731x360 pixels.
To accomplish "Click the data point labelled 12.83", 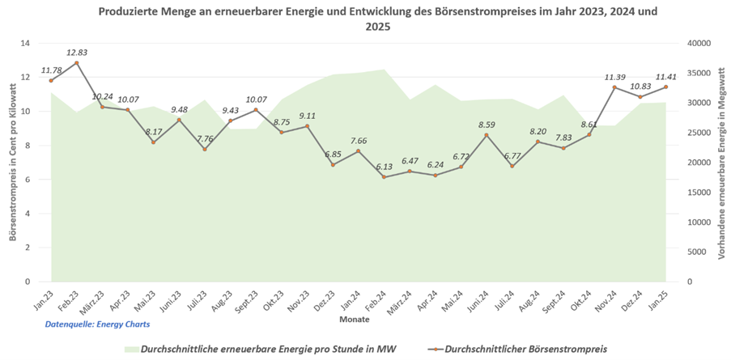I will (x=76, y=62).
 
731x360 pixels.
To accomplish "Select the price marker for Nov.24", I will (x=614, y=87).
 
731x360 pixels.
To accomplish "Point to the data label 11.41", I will (x=666, y=77).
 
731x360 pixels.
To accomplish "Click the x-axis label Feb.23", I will (x=74, y=300).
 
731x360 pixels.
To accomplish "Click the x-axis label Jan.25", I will (x=665, y=300).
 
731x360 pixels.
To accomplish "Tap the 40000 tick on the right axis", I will (x=697, y=44).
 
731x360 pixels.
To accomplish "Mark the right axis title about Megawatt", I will (x=720, y=162).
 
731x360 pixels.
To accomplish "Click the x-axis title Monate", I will (x=355, y=319).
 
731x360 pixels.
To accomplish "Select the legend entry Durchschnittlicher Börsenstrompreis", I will (x=518, y=349).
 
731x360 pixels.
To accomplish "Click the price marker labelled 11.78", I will (x=51, y=80).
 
